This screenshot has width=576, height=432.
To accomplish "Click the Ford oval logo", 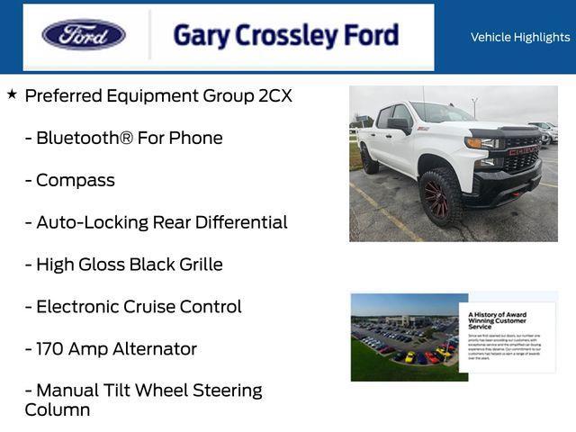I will point(84,35).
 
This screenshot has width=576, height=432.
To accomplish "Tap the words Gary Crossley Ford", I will point(285,35).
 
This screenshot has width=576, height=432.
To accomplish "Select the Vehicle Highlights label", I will point(519,38).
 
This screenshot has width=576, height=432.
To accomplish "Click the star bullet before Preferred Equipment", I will point(12,94).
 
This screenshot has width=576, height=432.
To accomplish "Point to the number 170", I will point(51,349).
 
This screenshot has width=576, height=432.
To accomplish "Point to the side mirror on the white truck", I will point(399,125).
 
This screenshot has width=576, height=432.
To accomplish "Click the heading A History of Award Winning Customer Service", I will point(498,319).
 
